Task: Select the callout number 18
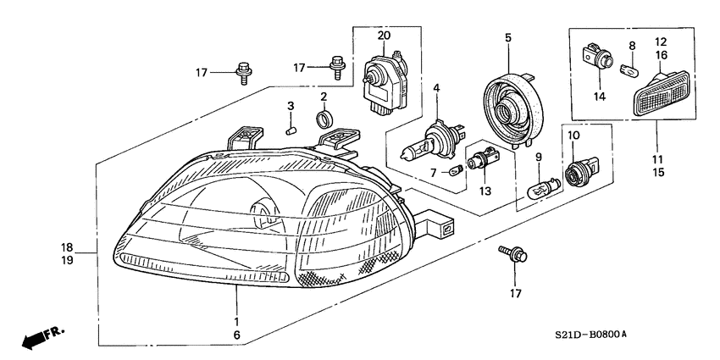(68, 247)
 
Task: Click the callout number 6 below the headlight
(236, 335)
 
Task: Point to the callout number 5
(507, 37)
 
